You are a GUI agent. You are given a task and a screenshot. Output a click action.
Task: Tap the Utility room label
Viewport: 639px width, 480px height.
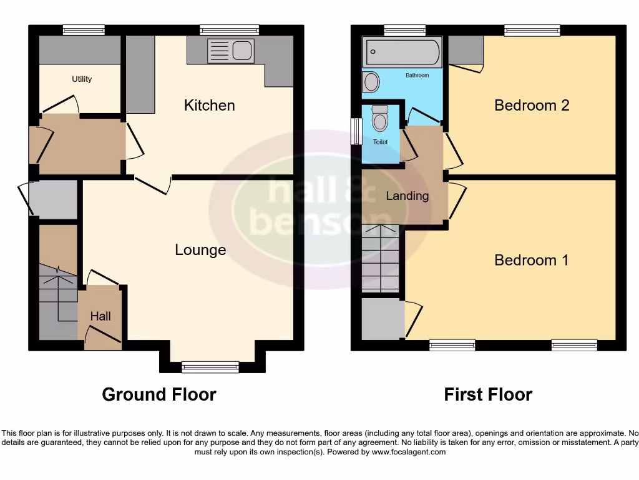[82, 79]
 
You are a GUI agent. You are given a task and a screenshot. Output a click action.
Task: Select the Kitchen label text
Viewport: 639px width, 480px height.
[210, 105]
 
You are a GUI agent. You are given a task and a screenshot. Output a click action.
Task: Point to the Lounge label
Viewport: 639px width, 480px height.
[200, 250]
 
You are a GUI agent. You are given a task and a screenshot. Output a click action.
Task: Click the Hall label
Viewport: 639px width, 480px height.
[100, 316]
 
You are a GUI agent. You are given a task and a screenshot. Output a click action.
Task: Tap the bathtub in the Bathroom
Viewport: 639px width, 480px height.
[402, 52]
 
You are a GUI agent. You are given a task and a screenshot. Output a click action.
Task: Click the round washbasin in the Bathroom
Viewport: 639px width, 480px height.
[371, 82]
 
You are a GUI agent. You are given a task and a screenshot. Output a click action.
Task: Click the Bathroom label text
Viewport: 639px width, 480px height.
[417, 75]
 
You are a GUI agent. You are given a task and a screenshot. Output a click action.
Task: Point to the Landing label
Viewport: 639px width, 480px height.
[407, 196]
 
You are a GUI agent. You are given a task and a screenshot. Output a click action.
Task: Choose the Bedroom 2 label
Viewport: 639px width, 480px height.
[532, 105]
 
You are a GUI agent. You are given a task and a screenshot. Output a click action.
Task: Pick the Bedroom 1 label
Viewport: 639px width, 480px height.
[532, 260]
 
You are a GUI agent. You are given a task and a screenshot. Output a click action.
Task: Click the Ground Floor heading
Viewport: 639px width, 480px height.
[159, 395]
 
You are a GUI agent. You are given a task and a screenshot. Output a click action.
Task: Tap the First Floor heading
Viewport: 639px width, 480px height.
[488, 395]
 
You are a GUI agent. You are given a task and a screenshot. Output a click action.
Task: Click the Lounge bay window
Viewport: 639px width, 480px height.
[210, 366]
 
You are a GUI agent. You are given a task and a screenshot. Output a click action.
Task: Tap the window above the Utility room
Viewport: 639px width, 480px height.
[84, 29]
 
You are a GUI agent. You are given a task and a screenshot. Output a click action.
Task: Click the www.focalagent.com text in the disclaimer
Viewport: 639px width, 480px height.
[409, 452]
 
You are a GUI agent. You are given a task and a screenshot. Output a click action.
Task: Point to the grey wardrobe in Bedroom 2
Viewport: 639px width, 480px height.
[466, 50]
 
